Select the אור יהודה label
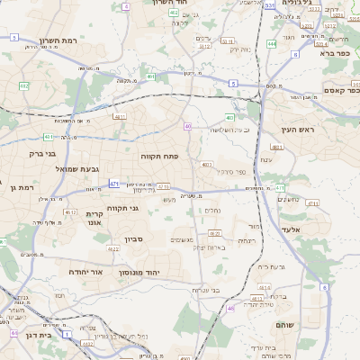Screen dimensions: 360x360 [x=85, y=271]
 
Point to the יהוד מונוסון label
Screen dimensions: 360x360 [x=139, y=271]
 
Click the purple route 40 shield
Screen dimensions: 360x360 [x=187, y=126]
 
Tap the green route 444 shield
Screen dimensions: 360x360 [x=271, y=43]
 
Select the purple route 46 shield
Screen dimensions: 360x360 [x=230, y=308]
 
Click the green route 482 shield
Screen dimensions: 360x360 [x=23, y=86]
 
